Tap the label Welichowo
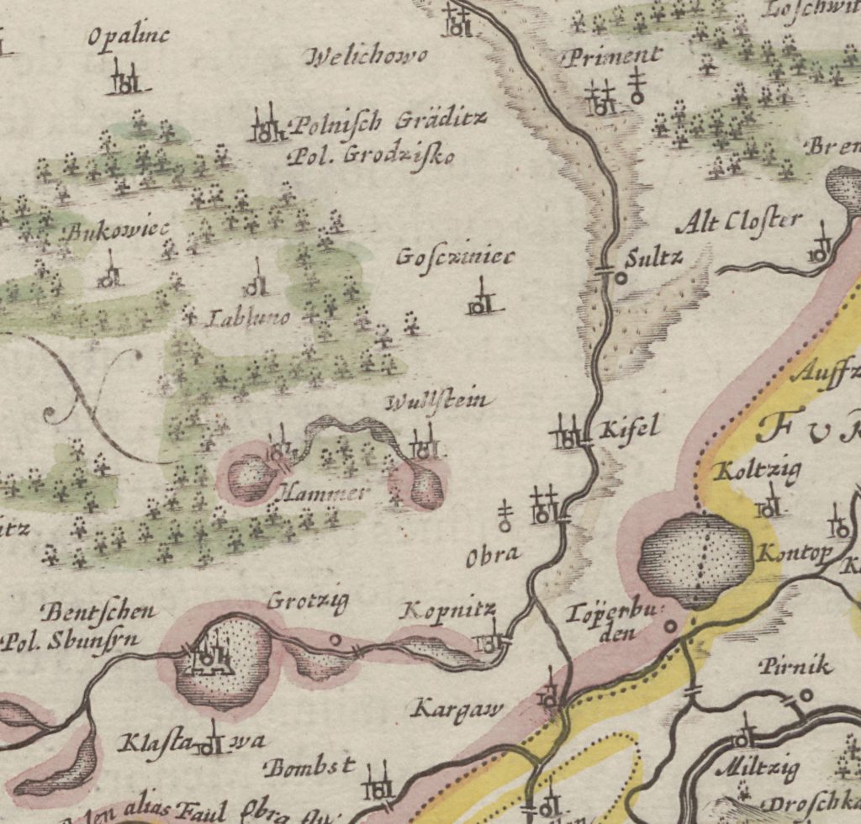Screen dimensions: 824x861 click(x=368, y=57)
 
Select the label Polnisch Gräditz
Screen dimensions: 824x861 click(x=388, y=123)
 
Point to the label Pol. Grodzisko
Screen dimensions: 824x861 click(x=371, y=156)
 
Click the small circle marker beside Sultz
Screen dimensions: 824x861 click(x=621, y=276)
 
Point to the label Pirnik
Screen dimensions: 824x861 click(x=795, y=667)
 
